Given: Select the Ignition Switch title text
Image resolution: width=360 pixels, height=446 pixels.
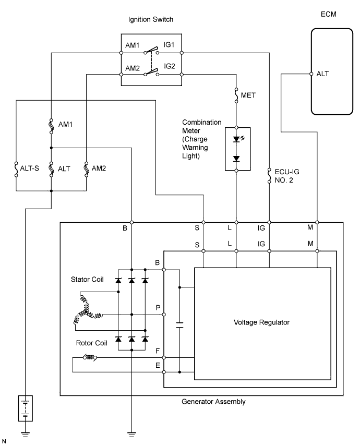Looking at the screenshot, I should coord(151,20).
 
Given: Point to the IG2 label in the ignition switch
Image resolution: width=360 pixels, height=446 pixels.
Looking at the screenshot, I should coord(171,67).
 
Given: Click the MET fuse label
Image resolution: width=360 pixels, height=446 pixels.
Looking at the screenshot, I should coord(248,95).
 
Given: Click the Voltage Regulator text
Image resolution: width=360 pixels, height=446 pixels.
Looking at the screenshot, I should coord(261,322).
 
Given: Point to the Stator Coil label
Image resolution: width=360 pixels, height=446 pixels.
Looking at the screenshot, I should coord(87,280).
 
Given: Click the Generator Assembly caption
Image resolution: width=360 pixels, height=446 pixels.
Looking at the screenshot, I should coord(213,402).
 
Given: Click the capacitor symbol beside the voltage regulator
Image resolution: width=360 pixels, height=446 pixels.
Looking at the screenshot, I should coord(179,326).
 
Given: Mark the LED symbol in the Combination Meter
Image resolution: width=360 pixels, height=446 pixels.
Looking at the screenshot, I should coord(237,139).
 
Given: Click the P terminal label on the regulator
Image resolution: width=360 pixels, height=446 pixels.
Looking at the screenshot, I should coord(158,308).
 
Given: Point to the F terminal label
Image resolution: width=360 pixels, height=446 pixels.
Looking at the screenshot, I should coord(158,353).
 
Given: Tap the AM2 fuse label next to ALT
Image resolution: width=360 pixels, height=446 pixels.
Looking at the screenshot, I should coord(99,168).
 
